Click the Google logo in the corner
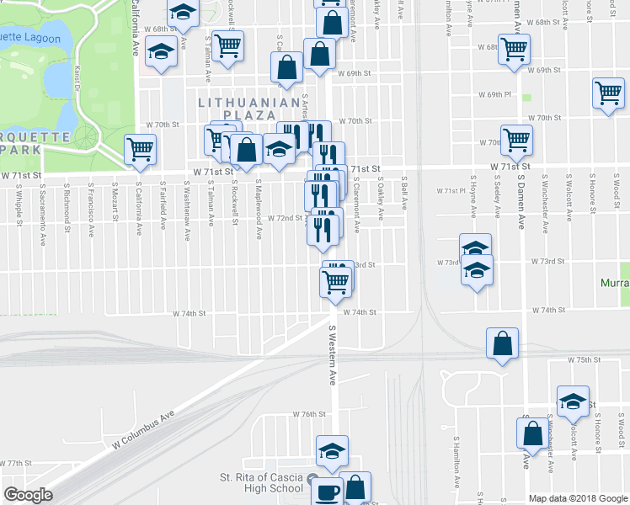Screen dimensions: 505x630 (28, 495)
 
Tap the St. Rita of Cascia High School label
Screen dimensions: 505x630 (261, 482)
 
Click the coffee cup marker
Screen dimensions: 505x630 (327, 491)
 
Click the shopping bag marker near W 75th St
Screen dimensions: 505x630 (502, 344)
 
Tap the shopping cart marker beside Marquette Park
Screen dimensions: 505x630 (140, 150)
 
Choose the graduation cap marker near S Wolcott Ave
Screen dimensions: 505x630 (573, 401)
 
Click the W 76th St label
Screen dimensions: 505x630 (309, 414)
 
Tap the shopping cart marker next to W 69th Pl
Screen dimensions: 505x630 (608, 93)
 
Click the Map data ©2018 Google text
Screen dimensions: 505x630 (577, 498)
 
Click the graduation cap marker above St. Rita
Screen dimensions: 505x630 (332, 450)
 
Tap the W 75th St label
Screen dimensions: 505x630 (583, 359)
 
